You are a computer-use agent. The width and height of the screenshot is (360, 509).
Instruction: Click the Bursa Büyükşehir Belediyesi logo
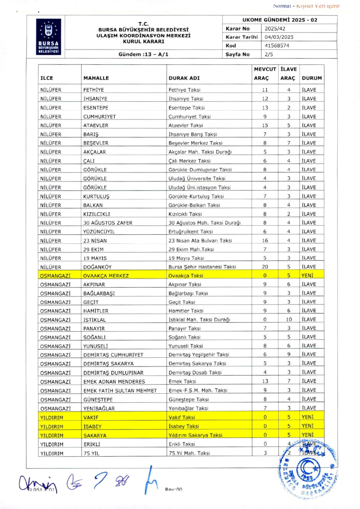pyautogui.click(x=49, y=36)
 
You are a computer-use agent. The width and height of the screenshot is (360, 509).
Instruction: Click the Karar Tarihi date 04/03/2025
pyautogui.click(x=279, y=37)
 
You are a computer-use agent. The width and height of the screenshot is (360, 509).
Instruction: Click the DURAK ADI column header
pyautogui.click(x=181, y=77)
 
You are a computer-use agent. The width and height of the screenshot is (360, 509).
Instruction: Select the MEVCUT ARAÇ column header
pyautogui.click(x=264, y=73)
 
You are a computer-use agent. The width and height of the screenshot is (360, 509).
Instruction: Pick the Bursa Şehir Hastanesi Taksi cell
pyautogui.click(x=202, y=267)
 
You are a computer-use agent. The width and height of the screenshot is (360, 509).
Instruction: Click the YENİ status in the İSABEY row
pyautogui.click(x=307, y=426)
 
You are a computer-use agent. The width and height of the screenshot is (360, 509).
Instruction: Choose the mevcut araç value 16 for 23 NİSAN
pyautogui.click(x=265, y=240)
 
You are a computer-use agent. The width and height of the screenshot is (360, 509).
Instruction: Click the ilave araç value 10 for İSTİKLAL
pyautogui.click(x=289, y=320)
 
